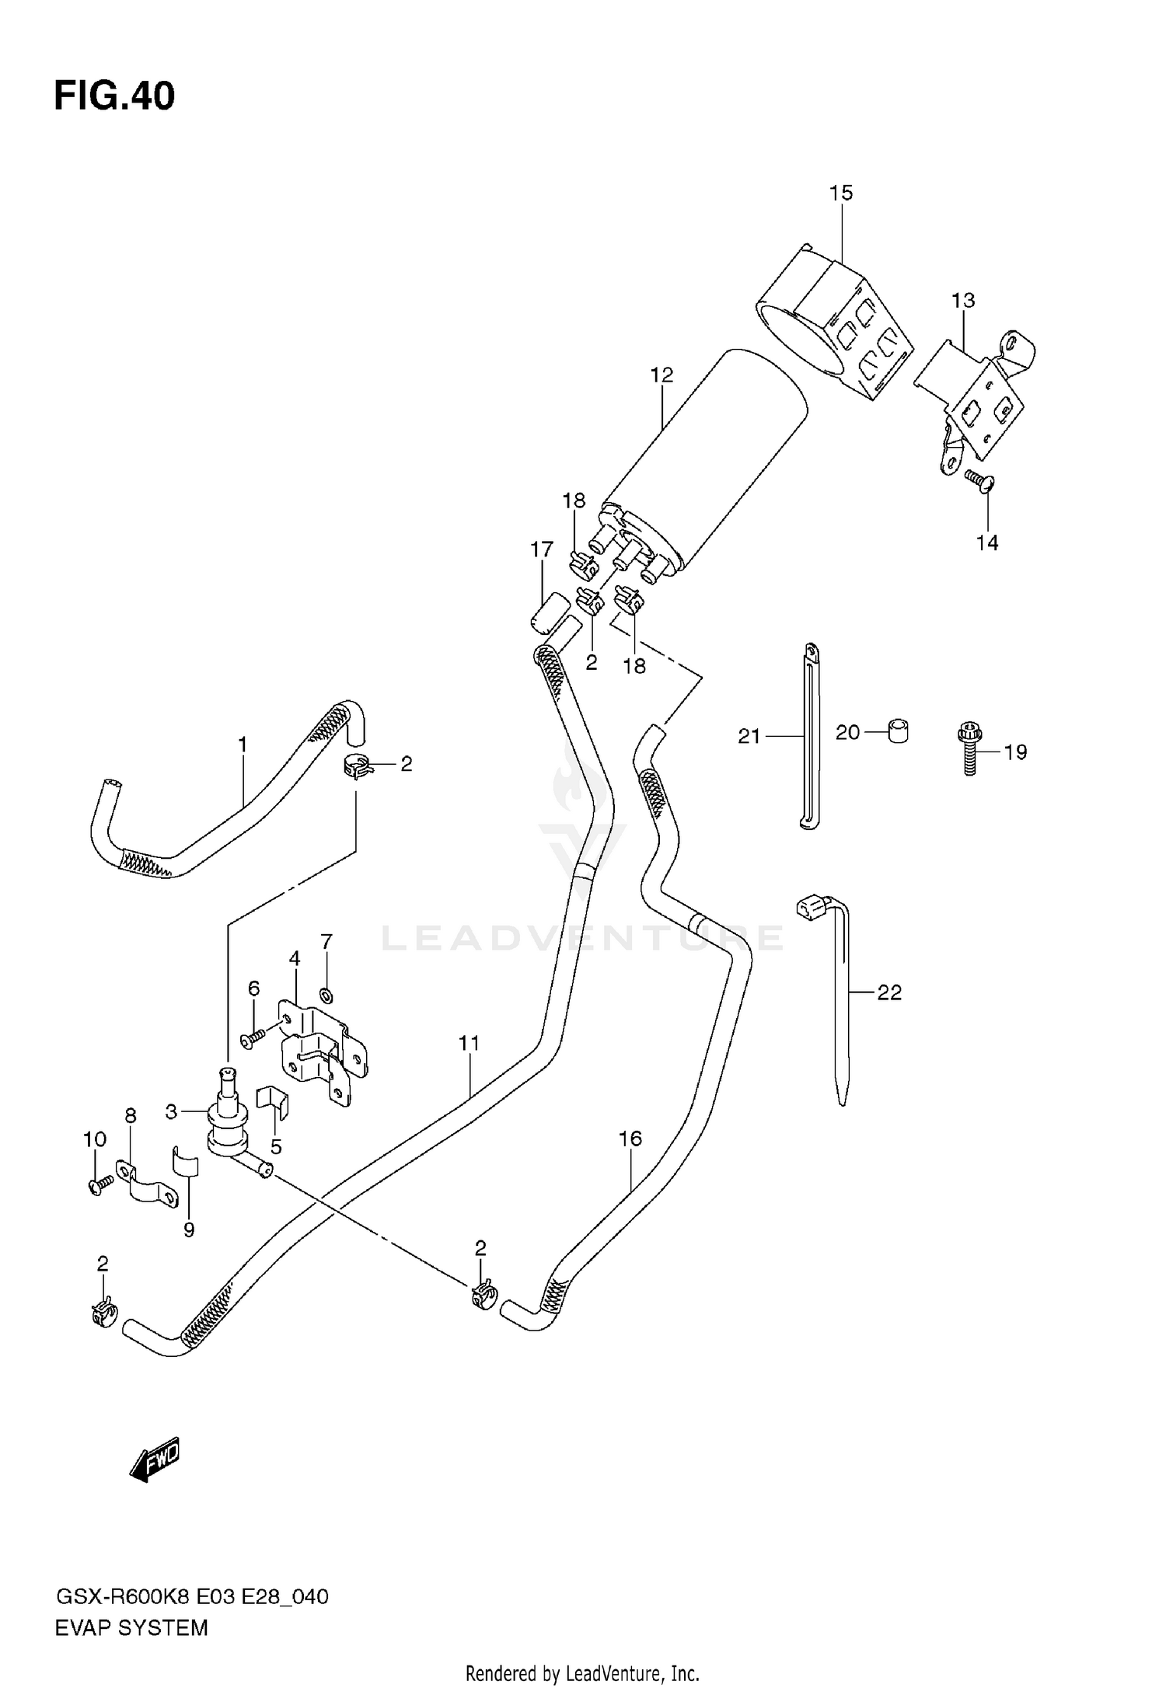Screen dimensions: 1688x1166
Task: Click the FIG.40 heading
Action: (x=114, y=97)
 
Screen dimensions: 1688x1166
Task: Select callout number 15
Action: (x=840, y=193)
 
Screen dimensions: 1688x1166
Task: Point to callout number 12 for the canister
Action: (x=662, y=375)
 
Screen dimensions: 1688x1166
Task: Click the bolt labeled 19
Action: (x=969, y=748)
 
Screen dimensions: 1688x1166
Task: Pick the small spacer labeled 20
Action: (x=898, y=731)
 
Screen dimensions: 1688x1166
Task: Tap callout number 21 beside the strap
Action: (x=749, y=736)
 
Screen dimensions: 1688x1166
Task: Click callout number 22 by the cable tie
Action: (x=889, y=992)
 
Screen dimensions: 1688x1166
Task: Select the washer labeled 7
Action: (x=326, y=994)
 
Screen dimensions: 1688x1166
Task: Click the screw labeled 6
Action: (x=253, y=1038)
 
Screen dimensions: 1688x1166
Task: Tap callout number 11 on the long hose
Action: (x=469, y=1043)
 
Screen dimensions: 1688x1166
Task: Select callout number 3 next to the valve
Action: (x=172, y=1112)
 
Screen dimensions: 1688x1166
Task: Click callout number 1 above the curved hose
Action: (x=243, y=745)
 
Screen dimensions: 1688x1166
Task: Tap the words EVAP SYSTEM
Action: (x=131, y=1627)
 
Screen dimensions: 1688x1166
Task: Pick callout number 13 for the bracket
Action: (x=962, y=300)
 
